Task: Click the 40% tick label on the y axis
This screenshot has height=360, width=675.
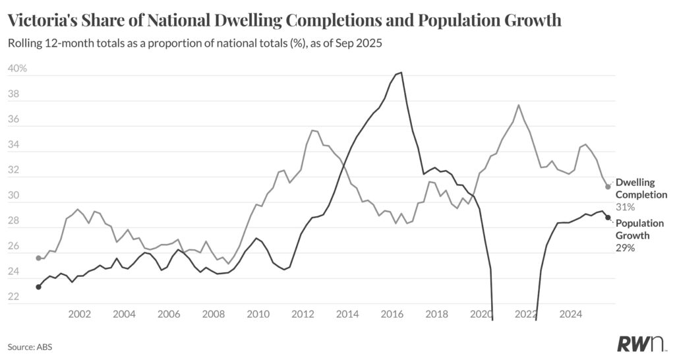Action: click(x=17, y=69)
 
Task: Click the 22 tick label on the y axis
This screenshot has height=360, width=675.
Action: click(x=13, y=298)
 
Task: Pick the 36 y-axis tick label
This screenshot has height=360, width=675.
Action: click(x=13, y=120)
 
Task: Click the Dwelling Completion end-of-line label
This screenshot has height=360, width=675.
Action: click(x=641, y=188)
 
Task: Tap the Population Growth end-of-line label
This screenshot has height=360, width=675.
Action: click(x=639, y=229)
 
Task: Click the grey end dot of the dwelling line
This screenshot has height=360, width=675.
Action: click(x=608, y=187)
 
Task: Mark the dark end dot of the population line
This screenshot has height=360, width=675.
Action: click(x=608, y=218)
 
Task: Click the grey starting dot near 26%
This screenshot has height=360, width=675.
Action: click(x=38, y=258)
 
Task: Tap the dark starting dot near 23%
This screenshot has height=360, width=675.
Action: click(x=38, y=287)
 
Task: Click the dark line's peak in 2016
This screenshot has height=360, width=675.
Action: click(x=401, y=73)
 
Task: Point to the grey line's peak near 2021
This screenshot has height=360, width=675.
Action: click(x=519, y=105)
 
